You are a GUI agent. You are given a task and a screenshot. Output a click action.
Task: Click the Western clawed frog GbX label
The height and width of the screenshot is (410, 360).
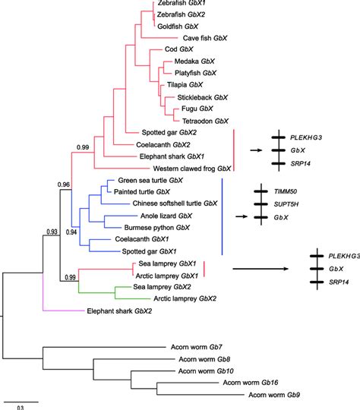[x=184, y=168]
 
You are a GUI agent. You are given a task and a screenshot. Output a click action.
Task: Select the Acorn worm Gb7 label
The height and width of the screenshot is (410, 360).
[x=198, y=349]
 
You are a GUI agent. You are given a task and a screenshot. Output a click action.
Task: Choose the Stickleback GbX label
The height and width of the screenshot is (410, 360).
[x=203, y=98]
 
